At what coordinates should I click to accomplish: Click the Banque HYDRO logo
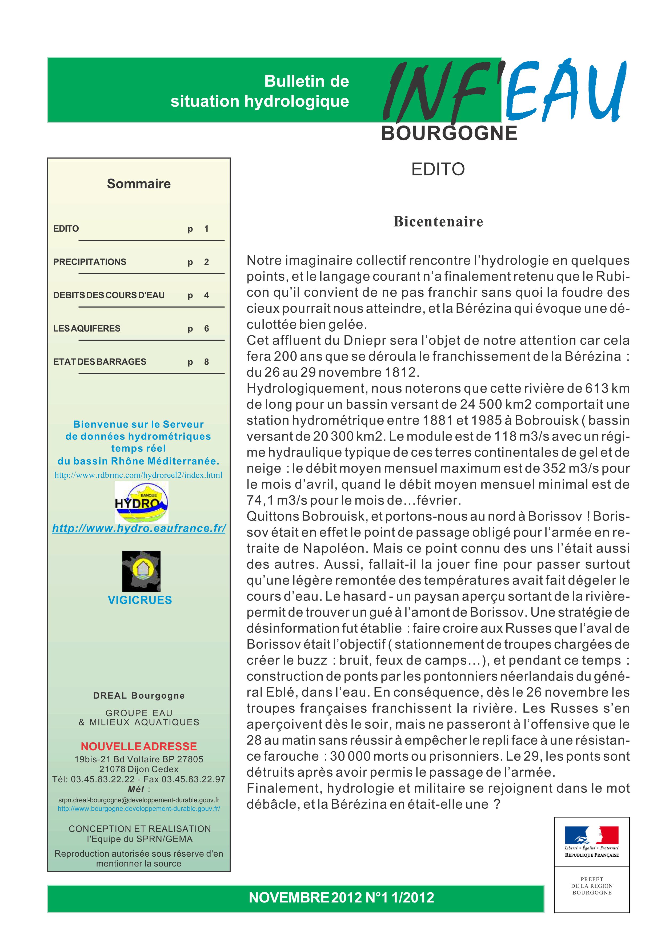click(x=141, y=502)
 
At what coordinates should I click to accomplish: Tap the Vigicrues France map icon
click(x=141, y=571)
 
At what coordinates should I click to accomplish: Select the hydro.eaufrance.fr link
click(x=139, y=528)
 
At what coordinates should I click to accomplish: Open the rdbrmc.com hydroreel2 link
click(x=138, y=475)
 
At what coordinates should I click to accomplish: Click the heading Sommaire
click(x=138, y=184)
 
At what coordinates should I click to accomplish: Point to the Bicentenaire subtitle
click(x=438, y=221)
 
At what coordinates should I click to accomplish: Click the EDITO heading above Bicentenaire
click(x=438, y=169)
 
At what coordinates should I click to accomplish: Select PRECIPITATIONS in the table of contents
click(x=90, y=262)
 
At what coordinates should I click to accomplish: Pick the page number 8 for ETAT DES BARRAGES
click(x=206, y=362)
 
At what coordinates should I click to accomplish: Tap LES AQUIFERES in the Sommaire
click(x=87, y=328)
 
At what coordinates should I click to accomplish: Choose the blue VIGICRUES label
click(x=140, y=600)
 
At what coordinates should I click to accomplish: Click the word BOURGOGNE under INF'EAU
click(x=449, y=134)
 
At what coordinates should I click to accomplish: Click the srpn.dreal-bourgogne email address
click(x=138, y=800)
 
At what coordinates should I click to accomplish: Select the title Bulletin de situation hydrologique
click(x=260, y=91)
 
